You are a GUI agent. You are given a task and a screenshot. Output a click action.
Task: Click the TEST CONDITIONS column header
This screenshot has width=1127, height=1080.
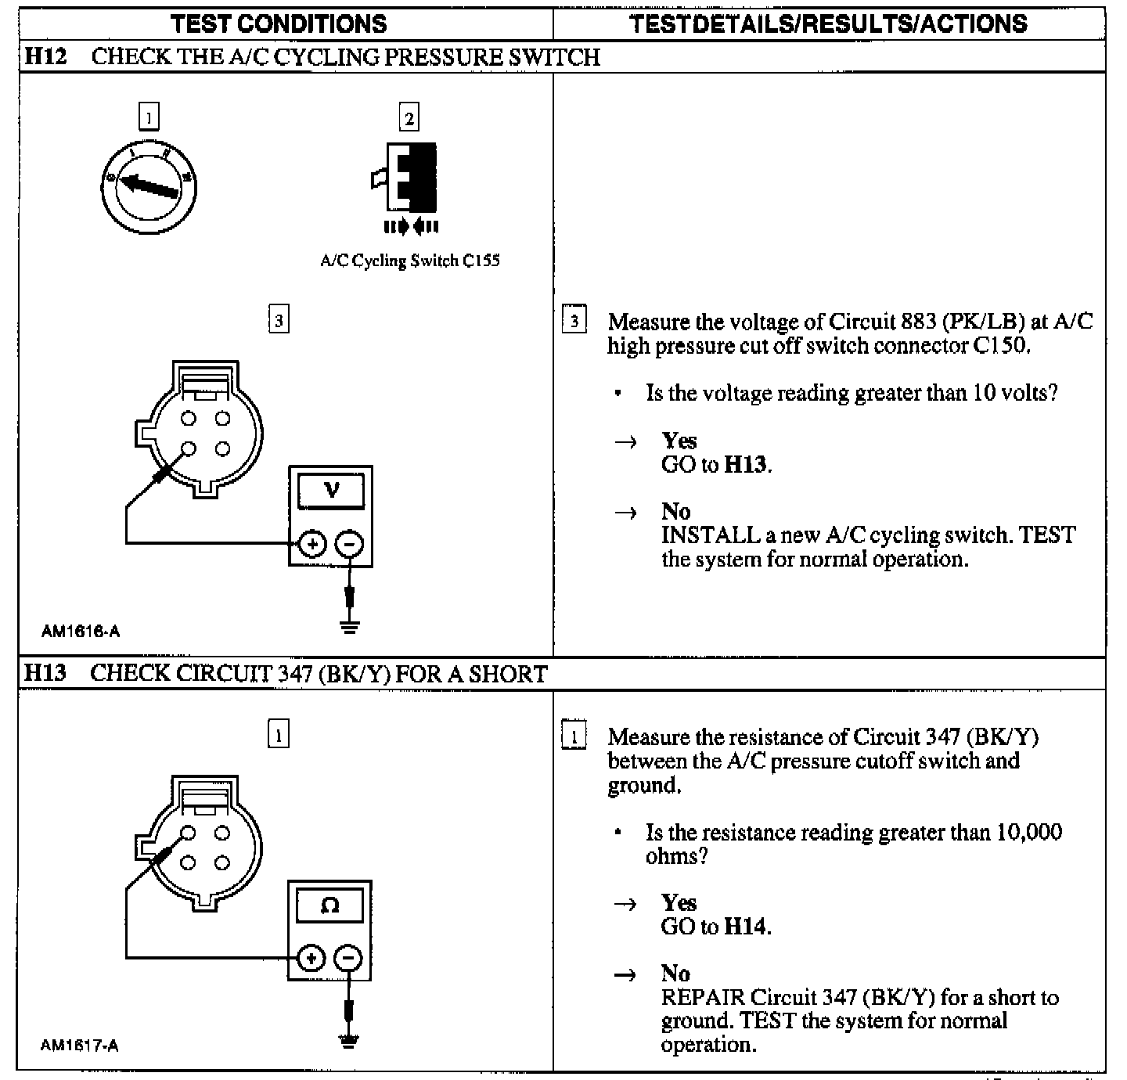[279, 23]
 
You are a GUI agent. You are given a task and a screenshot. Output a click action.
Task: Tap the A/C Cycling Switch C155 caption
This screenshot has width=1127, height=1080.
[410, 261]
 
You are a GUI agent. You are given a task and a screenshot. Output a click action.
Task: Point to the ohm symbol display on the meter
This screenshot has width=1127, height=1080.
[330, 906]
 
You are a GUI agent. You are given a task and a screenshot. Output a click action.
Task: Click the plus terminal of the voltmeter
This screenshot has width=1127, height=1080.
[312, 544]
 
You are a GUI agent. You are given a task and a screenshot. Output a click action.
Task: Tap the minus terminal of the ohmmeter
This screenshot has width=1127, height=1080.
[348, 958]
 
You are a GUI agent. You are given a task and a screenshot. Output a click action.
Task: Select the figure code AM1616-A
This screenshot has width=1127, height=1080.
[81, 631]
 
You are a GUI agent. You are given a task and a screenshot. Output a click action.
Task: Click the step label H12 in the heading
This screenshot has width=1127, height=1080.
[45, 56]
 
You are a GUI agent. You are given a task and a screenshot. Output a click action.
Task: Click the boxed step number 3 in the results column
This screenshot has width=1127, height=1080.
[574, 321]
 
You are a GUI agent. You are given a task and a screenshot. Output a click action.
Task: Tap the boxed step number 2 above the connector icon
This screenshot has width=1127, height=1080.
[409, 118]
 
